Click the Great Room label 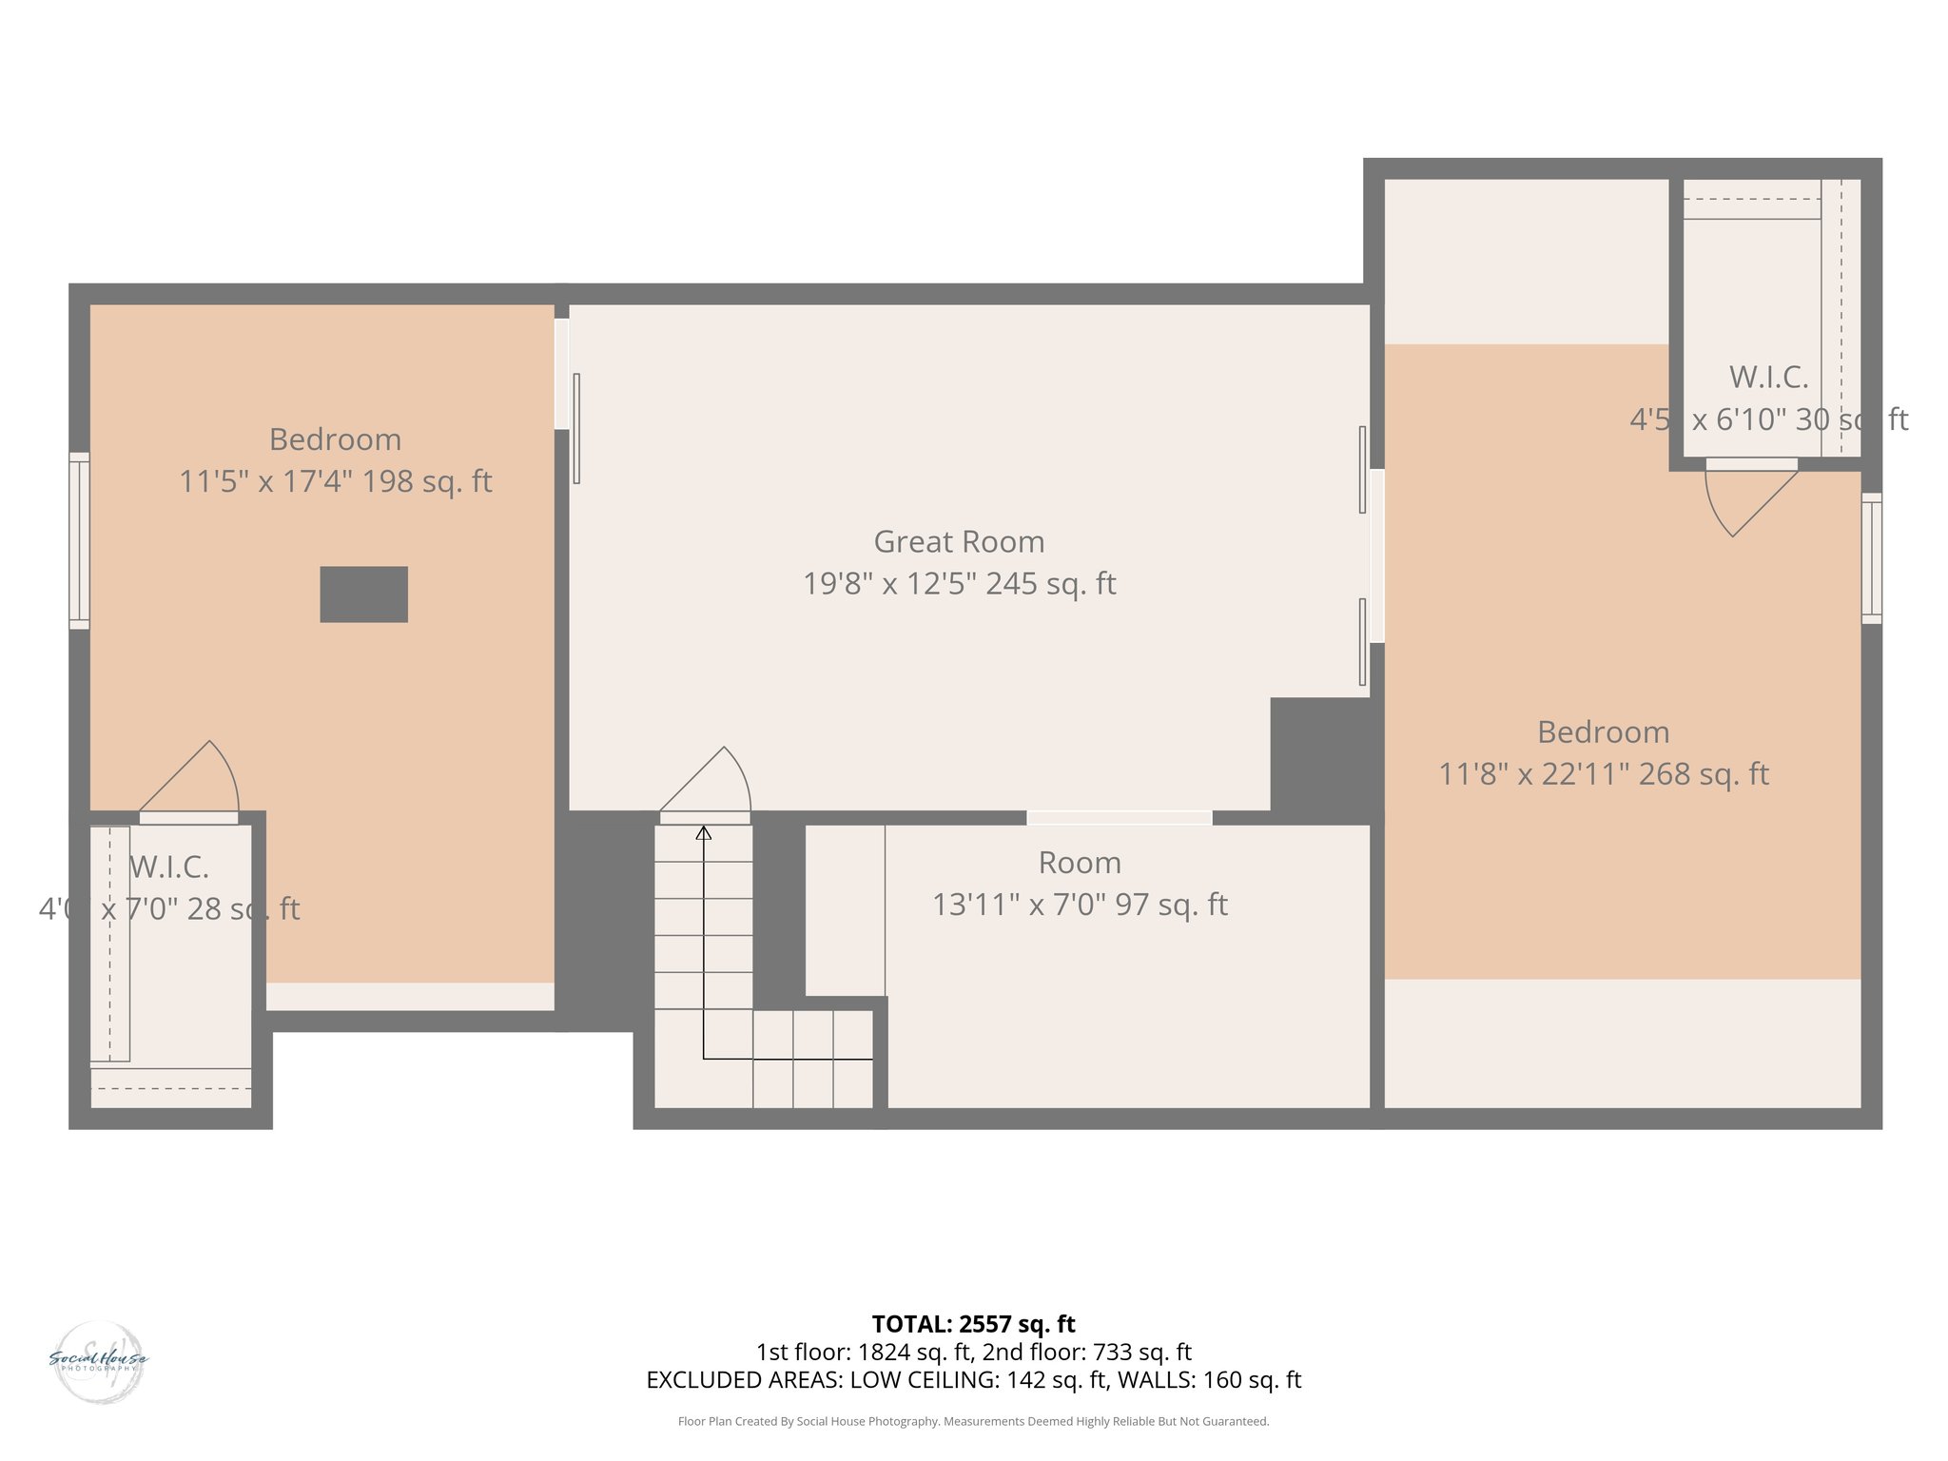click(x=959, y=541)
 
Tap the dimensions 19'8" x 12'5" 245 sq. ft click(x=959, y=583)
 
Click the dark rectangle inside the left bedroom click(x=363, y=594)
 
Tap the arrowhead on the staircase click(x=703, y=833)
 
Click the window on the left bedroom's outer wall click(x=79, y=540)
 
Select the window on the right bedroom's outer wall click(x=1871, y=558)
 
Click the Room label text click(x=1080, y=863)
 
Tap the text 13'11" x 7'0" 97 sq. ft click(x=1080, y=905)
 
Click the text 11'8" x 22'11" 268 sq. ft click(x=1603, y=774)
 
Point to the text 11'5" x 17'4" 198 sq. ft click(x=335, y=481)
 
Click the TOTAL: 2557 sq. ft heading click(x=973, y=1324)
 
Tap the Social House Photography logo click(x=99, y=1361)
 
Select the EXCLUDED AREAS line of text click(x=973, y=1380)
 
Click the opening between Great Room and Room click(x=1119, y=818)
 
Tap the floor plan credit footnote click(x=973, y=1422)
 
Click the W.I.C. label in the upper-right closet click(x=1768, y=378)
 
